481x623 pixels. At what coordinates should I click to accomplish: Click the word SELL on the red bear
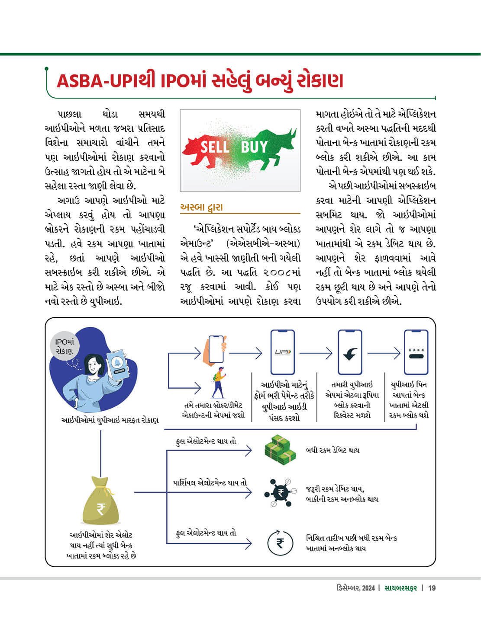point(215,147)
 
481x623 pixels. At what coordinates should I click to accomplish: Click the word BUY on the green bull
point(254,147)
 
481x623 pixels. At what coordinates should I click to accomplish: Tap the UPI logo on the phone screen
point(283,352)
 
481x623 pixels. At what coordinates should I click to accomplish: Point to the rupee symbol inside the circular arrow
point(280,542)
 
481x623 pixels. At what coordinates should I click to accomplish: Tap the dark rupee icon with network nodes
point(280,493)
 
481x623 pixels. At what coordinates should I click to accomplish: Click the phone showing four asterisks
point(416,352)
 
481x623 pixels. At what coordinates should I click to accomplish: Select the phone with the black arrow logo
point(349,352)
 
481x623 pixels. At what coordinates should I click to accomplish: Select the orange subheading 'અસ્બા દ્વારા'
point(201,207)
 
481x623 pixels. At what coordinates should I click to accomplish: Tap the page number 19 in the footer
point(432,588)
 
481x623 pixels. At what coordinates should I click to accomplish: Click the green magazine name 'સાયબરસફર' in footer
point(401,588)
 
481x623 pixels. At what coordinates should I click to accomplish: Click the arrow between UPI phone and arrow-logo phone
point(316,353)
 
